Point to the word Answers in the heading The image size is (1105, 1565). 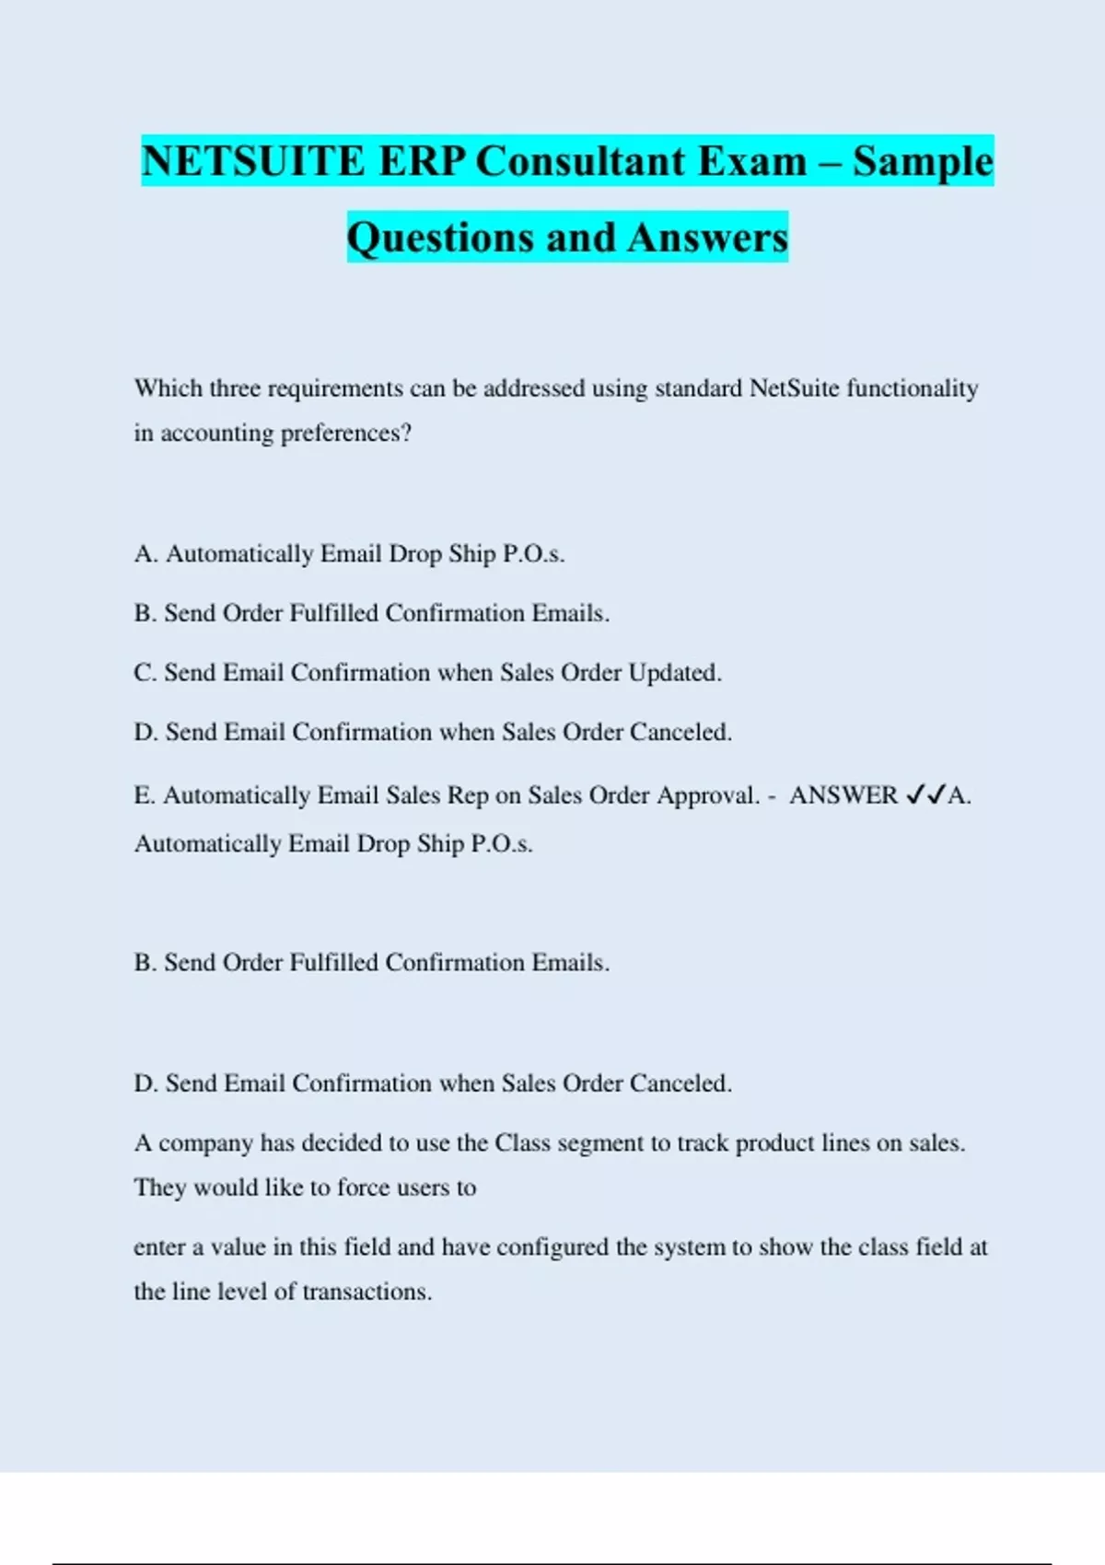(708, 238)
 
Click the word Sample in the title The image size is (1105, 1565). (923, 161)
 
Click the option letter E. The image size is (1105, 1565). (144, 795)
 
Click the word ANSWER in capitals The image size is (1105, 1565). (843, 795)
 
